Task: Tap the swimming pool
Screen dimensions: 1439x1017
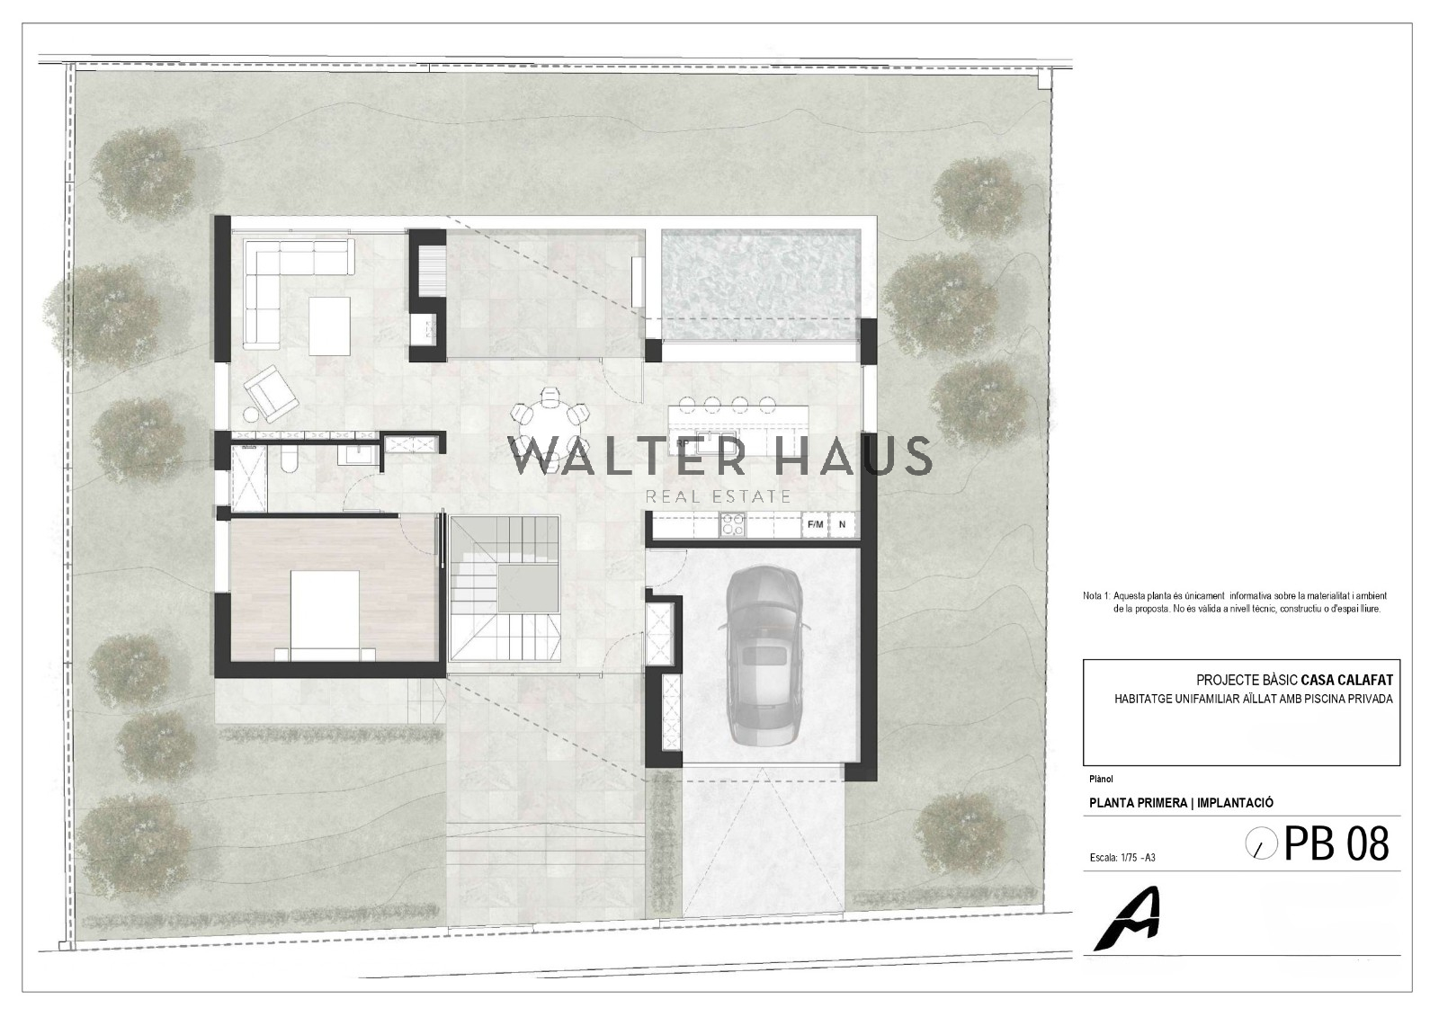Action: coord(761,286)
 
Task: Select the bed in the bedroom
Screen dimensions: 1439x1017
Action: coord(325,615)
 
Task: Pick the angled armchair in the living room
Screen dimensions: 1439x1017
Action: coord(271,393)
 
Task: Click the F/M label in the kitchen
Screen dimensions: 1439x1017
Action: coord(815,524)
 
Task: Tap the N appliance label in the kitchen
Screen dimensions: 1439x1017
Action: coord(842,524)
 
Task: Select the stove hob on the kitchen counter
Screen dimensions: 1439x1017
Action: coord(732,523)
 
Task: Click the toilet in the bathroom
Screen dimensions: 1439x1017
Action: coord(289,458)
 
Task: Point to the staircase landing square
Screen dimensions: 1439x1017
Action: coord(528,588)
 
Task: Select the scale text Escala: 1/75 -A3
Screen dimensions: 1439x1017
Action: coord(1123,858)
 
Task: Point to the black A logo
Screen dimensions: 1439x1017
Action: coord(1128,919)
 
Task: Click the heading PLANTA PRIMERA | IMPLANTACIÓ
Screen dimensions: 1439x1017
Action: coord(1182,802)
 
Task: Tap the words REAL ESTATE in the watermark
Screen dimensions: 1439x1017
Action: coord(719,496)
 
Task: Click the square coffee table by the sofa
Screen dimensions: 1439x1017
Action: coord(329,326)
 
